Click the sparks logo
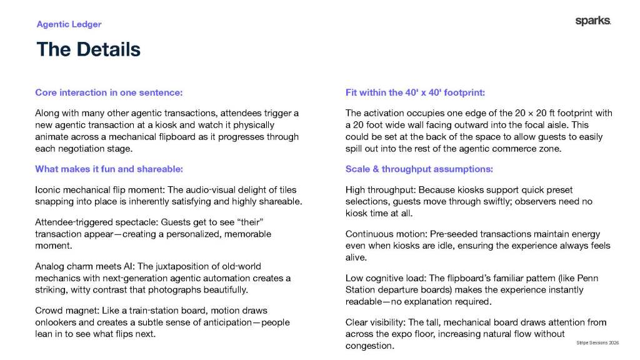(x=592, y=21)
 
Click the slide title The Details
(x=88, y=49)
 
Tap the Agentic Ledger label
(x=69, y=24)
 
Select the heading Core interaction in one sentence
(x=109, y=92)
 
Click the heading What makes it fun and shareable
(x=108, y=169)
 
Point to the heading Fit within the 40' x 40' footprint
(x=415, y=92)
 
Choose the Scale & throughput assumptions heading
(x=419, y=169)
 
